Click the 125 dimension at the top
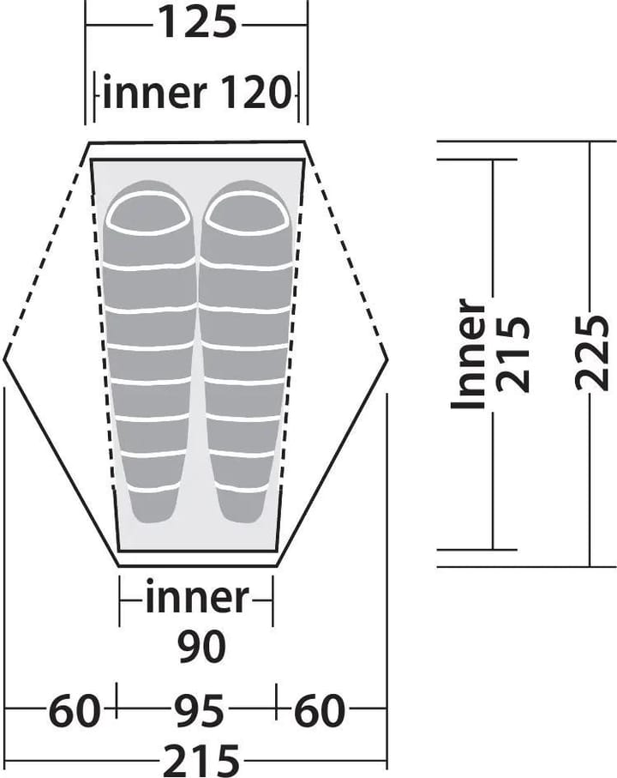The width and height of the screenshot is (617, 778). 197,21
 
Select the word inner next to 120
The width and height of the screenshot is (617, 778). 154,93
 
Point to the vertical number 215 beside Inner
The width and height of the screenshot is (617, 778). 513,353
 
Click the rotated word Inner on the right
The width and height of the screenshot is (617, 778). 468,354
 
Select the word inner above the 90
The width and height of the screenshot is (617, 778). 197,599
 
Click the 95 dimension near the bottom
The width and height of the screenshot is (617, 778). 199,710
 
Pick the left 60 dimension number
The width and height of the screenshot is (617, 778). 75,710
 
